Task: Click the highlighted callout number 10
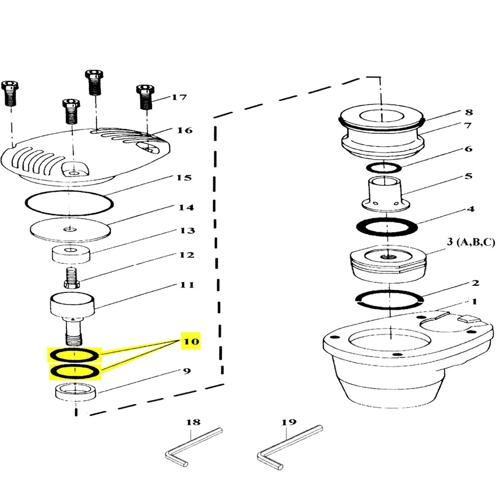pyautogui.click(x=191, y=341)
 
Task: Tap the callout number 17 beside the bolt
pyautogui.click(x=179, y=97)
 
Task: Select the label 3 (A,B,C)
pyautogui.click(x=471, y=242)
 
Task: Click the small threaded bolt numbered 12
pyautogui.click(x=72, y=278)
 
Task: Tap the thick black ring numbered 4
pyautogui.click(x=387, y=227)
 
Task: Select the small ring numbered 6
pyautogui.click(x=384, y=167)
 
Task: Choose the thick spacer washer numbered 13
pyautogui.click(x=71, y=254)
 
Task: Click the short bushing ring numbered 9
pyautogui.click(x=76, y=392)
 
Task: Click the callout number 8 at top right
pyautogui.click(x=469, y=112)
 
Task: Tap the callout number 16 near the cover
pyautogui.click(x=184, y=130)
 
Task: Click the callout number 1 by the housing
pyautogui.click(x=474, y=301)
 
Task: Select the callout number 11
pyautogui.click(x=187, y=285)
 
